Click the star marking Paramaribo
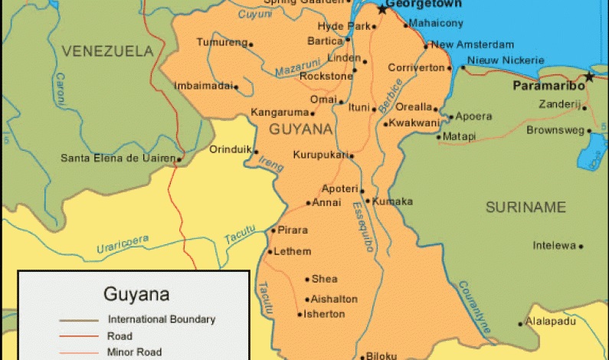[588, 76]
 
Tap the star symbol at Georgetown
[382, 9]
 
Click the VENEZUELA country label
[108, 51]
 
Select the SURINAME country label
[526, 207]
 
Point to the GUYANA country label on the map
[301, 129]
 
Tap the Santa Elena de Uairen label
[118, 159]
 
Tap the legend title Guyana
[136, 293]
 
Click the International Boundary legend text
[162, 319]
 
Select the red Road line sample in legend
[79, 336]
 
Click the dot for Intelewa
[581, 246]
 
